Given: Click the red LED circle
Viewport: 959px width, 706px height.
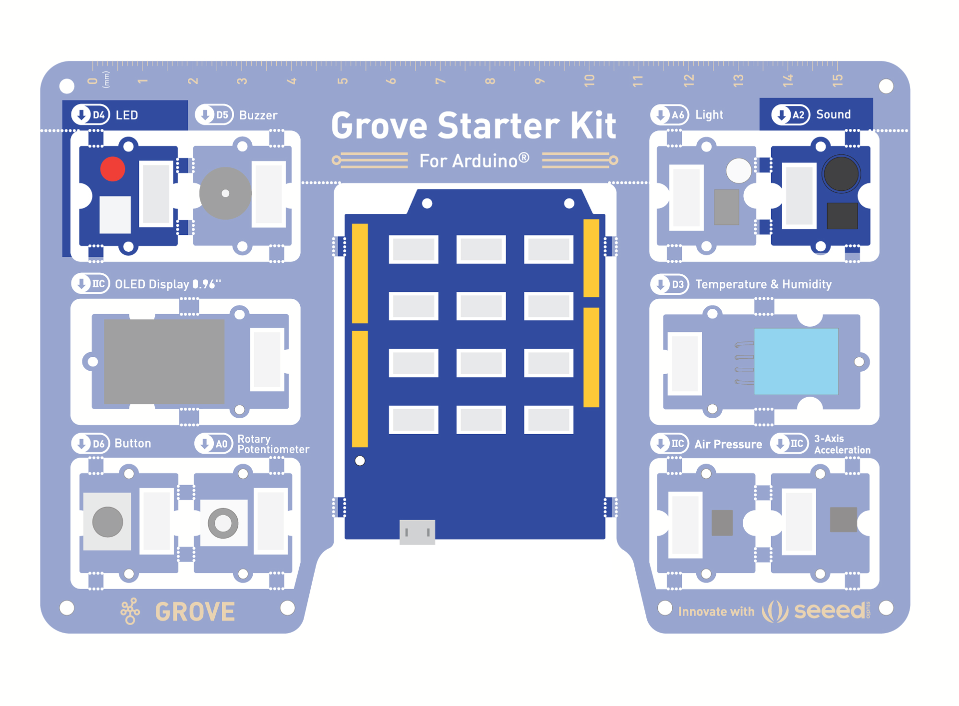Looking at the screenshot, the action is pyautogui.click(x=112, y=169).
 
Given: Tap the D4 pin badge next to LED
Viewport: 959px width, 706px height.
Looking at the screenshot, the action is pyautogui.click(x=91, y=115).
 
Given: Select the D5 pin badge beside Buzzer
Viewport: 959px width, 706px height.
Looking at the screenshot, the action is pyautogui.click(x=214, y=115).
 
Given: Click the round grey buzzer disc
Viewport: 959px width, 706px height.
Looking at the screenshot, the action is pyautogui.click(x=225, y=193).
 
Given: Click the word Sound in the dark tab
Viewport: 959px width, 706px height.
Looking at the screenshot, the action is pyautogui.click(x=833, y=114).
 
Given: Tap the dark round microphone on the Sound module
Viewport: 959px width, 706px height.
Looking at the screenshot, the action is pyautogui.click(x=841, y=174).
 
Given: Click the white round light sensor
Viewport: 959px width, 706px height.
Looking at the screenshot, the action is pyautogui.click(x=738, y=170).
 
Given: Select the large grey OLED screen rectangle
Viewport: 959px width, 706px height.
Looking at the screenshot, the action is pyautogui.click(x=164, y=361).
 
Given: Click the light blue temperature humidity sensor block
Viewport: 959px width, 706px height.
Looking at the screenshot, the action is pyautogui.click(x=796, y=361).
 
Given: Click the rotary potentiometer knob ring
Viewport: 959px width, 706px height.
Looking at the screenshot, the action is pyautogui.click(x=223, y=523).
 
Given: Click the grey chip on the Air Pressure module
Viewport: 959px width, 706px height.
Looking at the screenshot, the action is pyautogui.click(x=722, y=523).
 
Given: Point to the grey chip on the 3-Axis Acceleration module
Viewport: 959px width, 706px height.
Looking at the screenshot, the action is pyautogui.click(x=843, y=520).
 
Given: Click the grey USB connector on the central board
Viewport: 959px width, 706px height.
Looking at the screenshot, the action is pyautogui.click(x=417, y=532).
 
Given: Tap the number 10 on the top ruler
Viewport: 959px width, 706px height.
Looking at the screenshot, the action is pyautogui.click(x=589, y=80).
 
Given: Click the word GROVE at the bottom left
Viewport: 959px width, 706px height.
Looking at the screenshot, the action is pyautogui.click(x=195, y=612).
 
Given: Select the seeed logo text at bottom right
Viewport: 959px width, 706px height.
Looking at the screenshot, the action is pyautogui.click(x=829, y=610).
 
